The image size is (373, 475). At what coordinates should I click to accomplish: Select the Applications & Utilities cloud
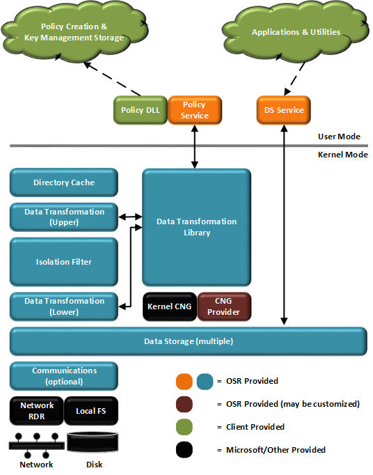click(296, 32)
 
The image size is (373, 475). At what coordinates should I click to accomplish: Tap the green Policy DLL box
click(140, 110)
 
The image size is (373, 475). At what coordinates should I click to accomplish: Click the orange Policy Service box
click(194, 110)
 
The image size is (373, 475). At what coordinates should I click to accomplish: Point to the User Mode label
click(339, 137)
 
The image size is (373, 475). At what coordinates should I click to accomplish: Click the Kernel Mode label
click(342, 155)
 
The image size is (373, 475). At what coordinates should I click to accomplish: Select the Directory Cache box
click(63, 182)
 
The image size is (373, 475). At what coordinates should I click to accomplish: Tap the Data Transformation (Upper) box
click(63, 217)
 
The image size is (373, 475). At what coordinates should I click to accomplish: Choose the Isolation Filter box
click(63, 262)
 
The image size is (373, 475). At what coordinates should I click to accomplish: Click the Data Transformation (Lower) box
click(63, 306)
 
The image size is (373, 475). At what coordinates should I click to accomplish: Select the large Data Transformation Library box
click(196, 226)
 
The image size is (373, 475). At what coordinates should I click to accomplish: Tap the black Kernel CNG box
click(169, 306)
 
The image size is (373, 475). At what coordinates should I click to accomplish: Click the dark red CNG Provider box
click(224, 306)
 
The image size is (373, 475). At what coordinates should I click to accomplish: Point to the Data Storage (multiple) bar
click(188, 341)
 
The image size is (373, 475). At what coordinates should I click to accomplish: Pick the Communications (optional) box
click(63, 376)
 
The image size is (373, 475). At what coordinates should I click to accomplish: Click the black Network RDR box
click(36, 410)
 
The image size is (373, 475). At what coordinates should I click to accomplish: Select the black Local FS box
click(90, 410)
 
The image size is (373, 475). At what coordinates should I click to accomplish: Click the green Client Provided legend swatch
click(184, 426)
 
